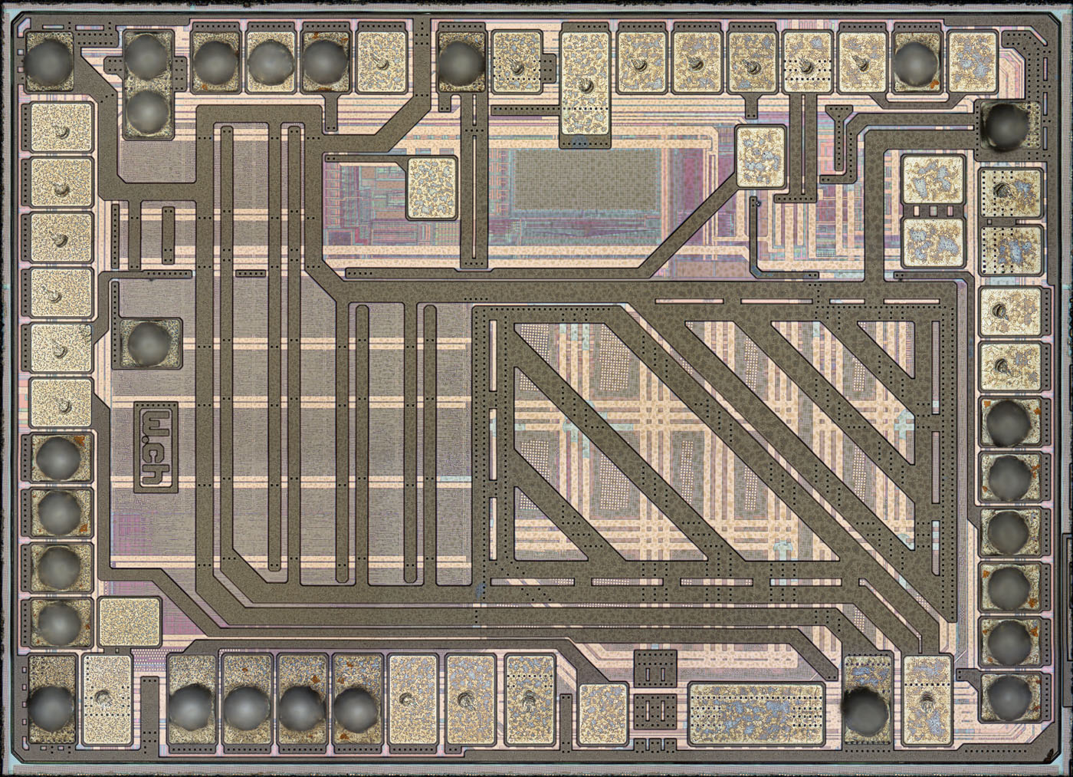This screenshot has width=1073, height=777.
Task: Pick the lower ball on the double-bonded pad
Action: [149, 111]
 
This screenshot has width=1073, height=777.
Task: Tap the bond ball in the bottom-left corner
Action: [50, 709]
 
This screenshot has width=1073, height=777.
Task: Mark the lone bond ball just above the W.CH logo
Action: [149, 343]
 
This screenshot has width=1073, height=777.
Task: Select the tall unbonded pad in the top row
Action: [585, 84]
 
